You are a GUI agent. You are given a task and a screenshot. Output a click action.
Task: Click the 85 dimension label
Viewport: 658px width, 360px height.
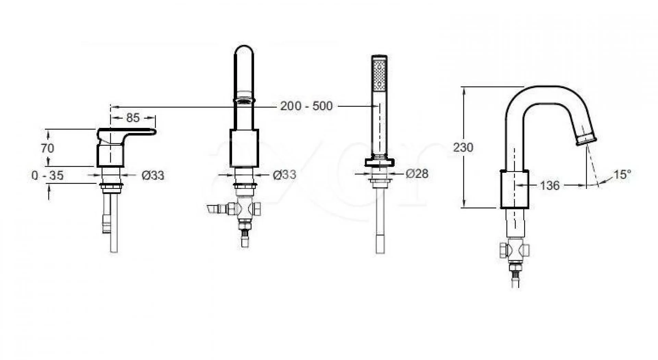(133, 118)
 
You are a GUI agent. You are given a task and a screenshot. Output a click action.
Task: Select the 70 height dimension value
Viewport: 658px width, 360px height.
(47, 148)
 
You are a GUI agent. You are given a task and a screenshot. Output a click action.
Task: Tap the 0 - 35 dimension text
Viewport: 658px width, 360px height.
(47, 176)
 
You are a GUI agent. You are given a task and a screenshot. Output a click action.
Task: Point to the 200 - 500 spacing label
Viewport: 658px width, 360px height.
(306, 106)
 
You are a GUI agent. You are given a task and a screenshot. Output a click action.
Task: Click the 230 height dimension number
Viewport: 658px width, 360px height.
(463, 147)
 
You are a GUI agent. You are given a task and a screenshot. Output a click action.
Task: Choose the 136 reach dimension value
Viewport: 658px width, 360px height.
(550, 185)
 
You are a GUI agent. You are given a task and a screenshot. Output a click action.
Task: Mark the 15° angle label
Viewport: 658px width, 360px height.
(622, 175)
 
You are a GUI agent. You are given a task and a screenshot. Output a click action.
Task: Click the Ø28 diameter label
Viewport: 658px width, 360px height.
(417, 174)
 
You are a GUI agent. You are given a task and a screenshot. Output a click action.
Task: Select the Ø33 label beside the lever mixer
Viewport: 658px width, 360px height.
(153, 176)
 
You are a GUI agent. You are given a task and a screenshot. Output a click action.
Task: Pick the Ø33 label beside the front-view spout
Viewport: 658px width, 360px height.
(284, 175)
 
